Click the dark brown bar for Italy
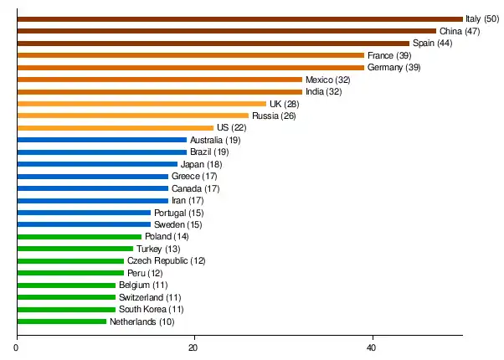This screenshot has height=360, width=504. pos(239,18)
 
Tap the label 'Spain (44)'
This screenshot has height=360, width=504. pos(433,43)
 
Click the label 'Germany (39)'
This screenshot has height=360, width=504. pos(394,67)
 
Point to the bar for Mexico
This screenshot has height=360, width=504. pos(159,80)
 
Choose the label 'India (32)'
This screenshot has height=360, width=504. pos(323,91)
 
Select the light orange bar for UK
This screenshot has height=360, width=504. pos(141,104)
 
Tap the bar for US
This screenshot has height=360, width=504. pos(115,127)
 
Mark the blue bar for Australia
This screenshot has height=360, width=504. pos(101,140)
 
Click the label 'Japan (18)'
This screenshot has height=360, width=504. pos(201,164)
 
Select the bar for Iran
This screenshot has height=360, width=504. pos(92,200)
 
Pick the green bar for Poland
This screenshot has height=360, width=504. pos(79,236)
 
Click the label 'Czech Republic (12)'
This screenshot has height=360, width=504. pos(166,261)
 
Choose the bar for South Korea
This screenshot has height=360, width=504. pos(66,309)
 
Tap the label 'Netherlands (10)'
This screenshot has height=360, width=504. pos(141,321)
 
